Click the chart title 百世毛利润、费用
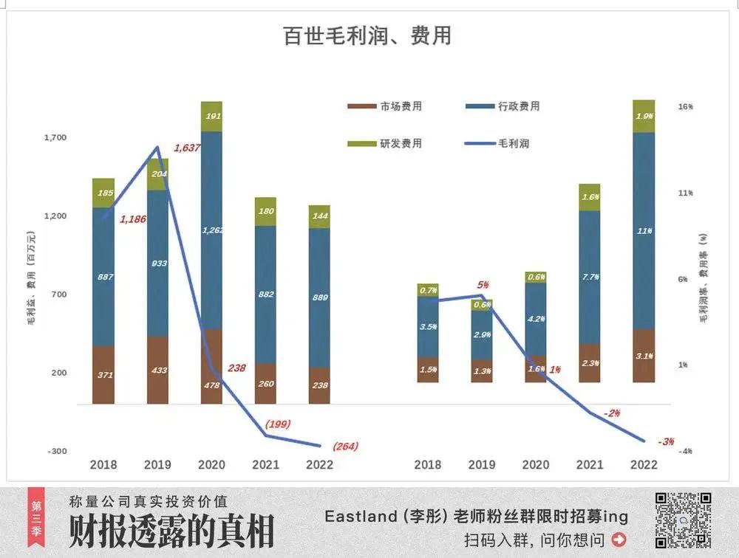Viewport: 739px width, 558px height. (x=367, y=36)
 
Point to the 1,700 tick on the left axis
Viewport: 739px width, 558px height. (x=55, y=137)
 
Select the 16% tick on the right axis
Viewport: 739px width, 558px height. (x=685, y=107)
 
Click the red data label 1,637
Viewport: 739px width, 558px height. (x=187, y=148)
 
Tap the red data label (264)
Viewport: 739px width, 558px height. (x=345, y=446)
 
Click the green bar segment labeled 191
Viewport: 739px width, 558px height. (x=212, y=117)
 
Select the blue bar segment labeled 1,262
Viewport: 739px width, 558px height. (x=212, y=230)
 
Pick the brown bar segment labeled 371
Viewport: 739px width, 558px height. (x=104, y=375)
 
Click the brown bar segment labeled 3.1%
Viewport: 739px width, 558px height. (x=644, y=356)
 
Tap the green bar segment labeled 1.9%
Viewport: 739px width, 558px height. (x=644, y=116)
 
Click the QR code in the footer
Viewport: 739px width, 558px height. (x=683, y=520)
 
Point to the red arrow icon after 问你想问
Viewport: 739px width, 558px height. (x=619, y=540)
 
